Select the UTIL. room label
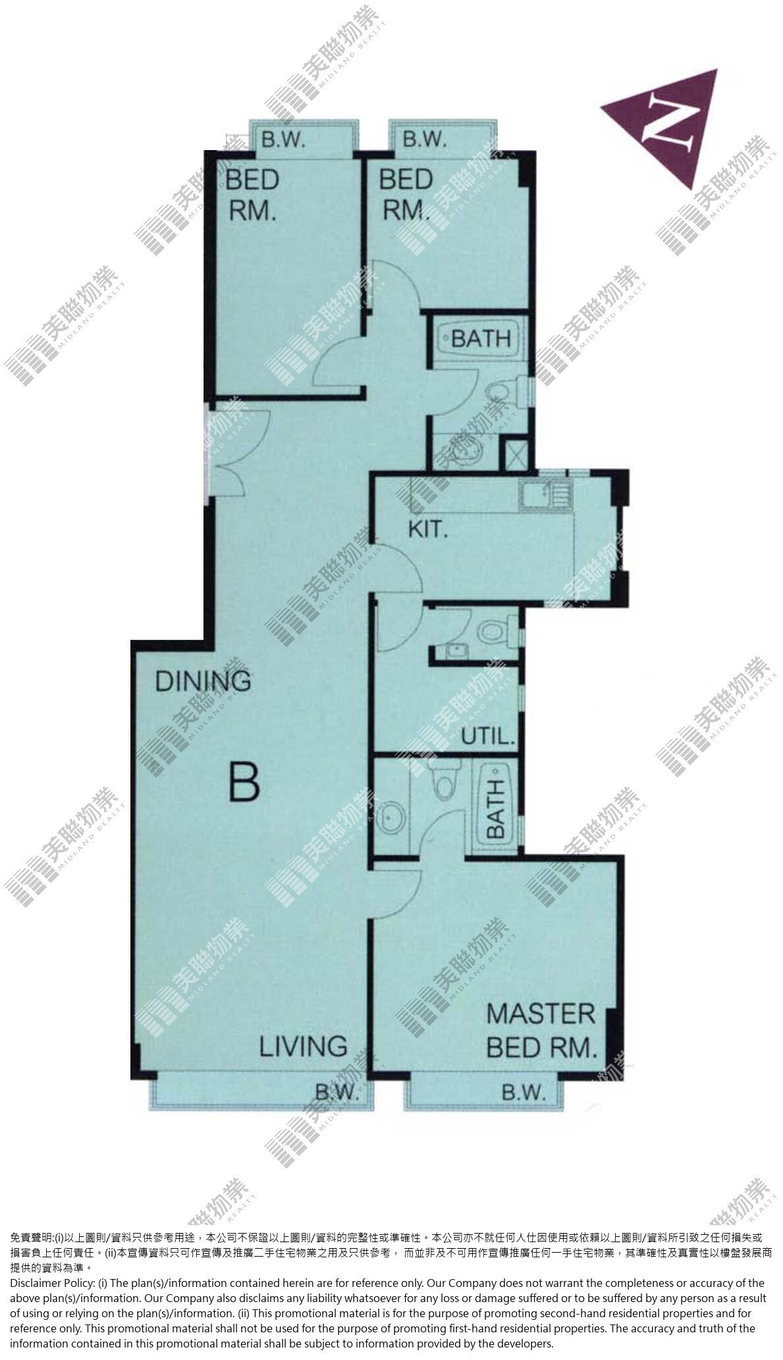(488, 736)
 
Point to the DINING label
(203, 681)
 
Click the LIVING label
(304, 1046)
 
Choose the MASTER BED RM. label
(541, 1031)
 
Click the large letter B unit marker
(244, 781)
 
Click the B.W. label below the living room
(336, 1093)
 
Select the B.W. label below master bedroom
(524, 1093)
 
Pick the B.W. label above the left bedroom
(284, 140)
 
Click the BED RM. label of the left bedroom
(252, 194)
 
